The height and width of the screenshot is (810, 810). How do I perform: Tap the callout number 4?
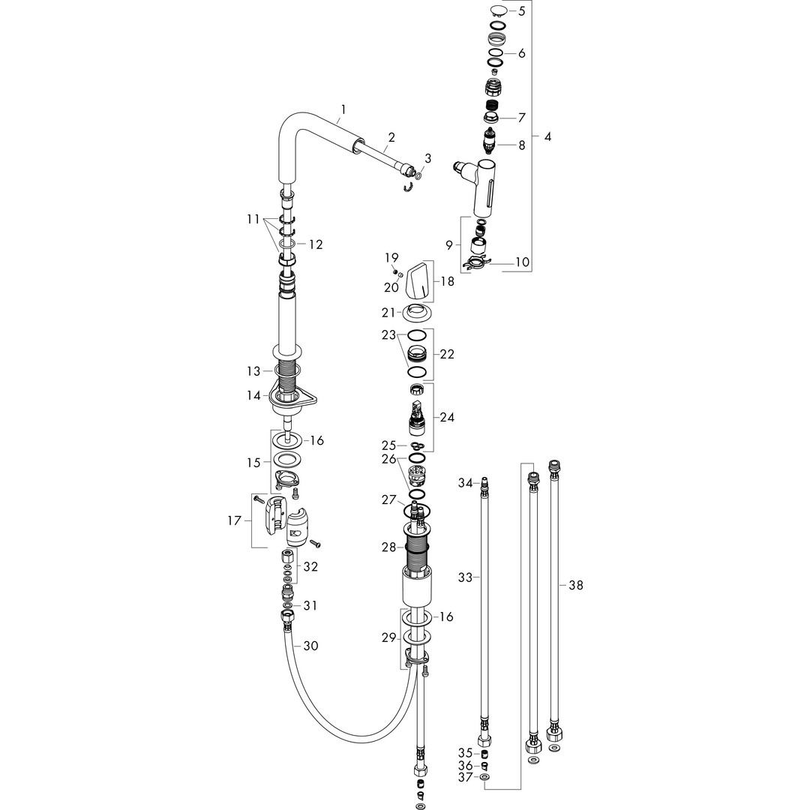(547, 137)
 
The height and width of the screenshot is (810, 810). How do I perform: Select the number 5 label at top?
(522, 10)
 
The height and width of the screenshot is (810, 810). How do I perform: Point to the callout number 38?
(575, 584)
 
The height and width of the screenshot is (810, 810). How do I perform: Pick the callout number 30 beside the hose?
(310, 646)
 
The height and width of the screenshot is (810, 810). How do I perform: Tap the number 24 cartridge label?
(447, 417)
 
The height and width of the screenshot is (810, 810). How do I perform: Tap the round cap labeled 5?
(498, 10)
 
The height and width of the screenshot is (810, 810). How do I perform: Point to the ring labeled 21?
(417, 312)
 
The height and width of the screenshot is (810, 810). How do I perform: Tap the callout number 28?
(388, 548)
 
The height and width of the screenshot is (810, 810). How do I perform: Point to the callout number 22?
(447, 354)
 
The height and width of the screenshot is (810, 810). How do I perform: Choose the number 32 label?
(310, 566)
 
